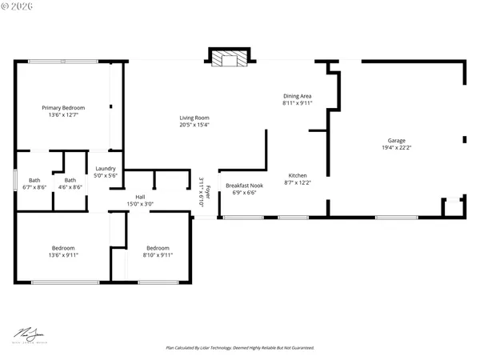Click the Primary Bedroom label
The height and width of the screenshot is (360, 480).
pyautogui.click(x=63, y=108)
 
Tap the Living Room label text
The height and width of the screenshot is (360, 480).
pyautogui.click(x=194, y=118)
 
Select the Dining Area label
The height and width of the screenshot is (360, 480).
pyautogui.click(x=297, y=96)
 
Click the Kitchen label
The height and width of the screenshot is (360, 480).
pyautogui.click(x=298, y=176)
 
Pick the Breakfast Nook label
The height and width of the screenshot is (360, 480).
pyautogui.click(x=245, y=185)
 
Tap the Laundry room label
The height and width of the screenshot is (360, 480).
pyautogui.click(x=106, y=169)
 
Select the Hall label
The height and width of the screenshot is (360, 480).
pyautogui.click(x=140, y=197)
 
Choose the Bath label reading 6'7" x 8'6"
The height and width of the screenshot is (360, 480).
pyautogui.click(x=34, y=180)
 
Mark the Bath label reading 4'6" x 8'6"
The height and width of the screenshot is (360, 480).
pyautogui.click(x=70, y=180)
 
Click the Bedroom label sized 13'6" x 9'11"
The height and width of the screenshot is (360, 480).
pyautogui.click(x=63, y=248)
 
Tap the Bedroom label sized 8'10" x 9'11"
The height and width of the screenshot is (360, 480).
pyautogui.click(x=158, y=248)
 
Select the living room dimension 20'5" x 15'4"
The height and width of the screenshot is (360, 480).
pyautogui.click(x=194, y=125)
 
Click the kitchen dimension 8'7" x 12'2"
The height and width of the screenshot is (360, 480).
pyautogui.click(x=298, y=183)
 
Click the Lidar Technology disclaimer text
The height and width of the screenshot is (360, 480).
pyautogui.click(x=239, y=348)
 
